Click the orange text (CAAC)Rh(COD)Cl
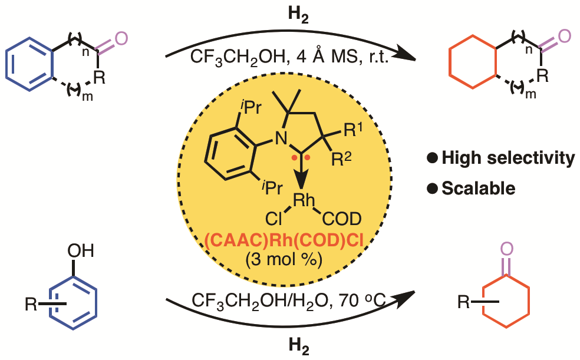click(x=289, y=240)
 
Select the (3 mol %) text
click(x=289, y=259)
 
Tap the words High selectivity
click(x=506, y=157)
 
